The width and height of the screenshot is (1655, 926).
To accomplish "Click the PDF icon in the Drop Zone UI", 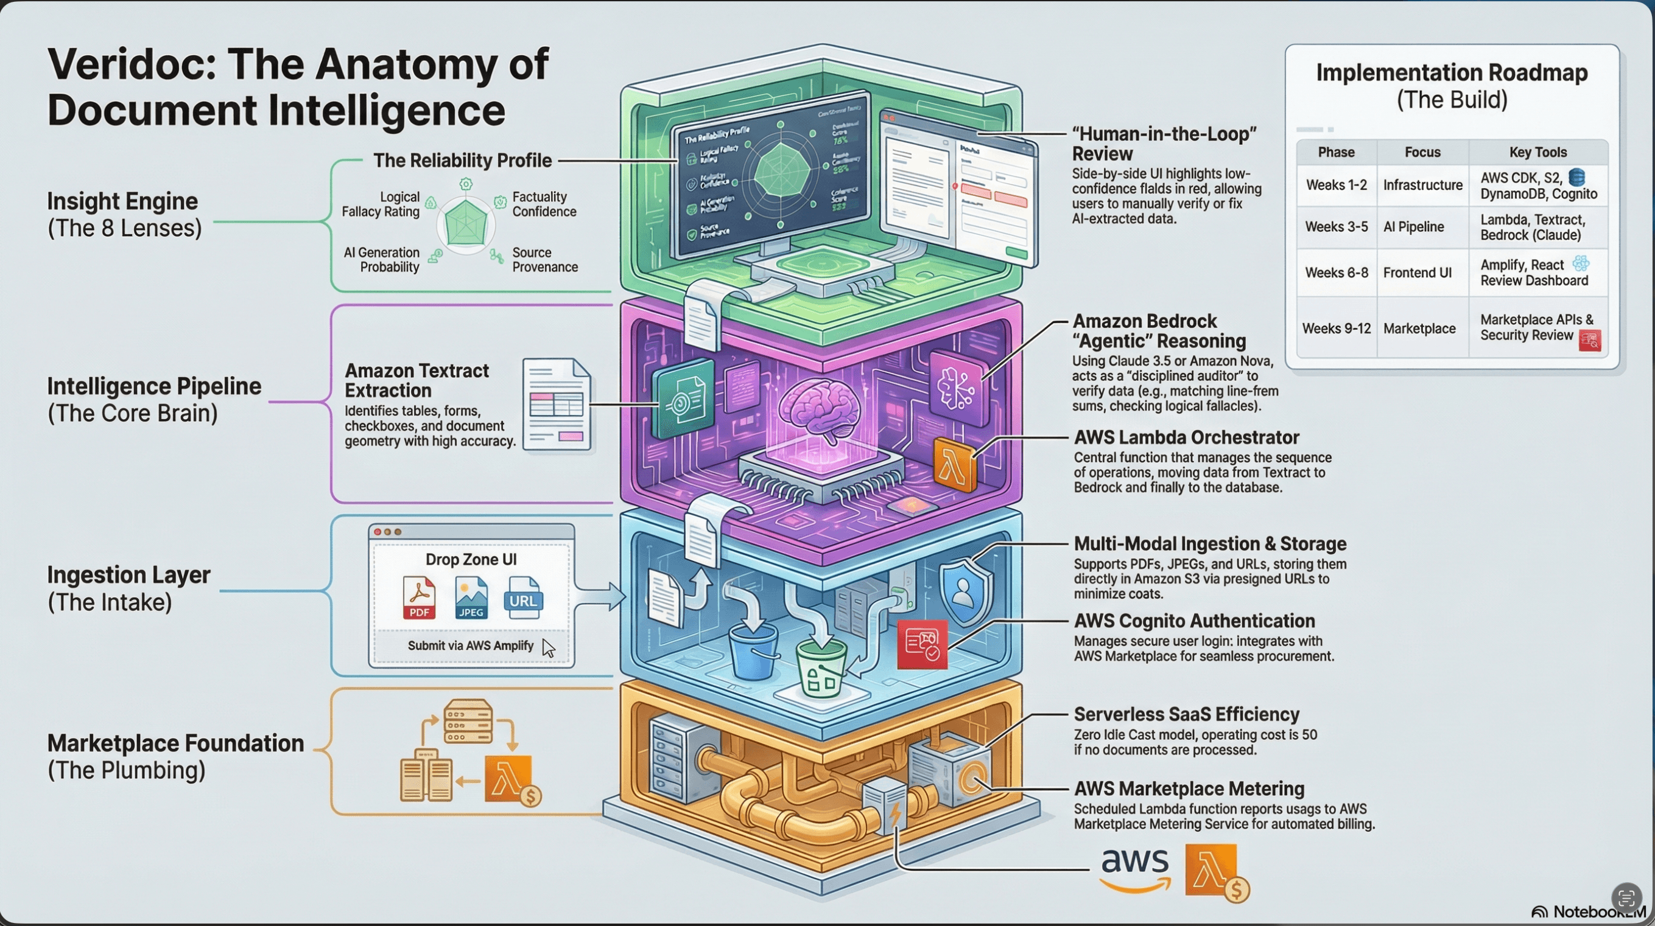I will [x=419, y=597].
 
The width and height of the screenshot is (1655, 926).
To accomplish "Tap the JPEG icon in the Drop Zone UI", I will [x=471, y=597].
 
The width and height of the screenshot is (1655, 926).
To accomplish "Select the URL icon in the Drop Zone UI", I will [x=522, y=597].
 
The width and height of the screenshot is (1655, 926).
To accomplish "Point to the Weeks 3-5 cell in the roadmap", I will [x=1336, y=227].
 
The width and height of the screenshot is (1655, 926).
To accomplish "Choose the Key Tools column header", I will [x=1537, y=152].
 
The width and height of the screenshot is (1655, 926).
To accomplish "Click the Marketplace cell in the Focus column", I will [x=1419, y=328].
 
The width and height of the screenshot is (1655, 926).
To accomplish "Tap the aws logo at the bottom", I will [x=1134, y=869].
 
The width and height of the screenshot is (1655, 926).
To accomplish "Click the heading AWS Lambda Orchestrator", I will [x=1186, y=437].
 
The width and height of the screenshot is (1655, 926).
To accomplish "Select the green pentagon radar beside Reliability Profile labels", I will [x=466, y=223].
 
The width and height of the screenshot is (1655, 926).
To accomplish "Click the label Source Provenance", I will [x=544, y=259].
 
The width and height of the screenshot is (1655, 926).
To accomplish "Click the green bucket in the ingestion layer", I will [x=820, y=668].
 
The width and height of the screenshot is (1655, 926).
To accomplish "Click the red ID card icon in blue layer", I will [x=922, y=644].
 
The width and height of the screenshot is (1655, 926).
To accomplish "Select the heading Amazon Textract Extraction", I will [x=416, y=380].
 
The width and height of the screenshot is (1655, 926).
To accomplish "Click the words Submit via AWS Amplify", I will [x=470, y=646].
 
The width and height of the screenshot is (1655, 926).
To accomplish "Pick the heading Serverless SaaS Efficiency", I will [x=1186, y=714].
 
